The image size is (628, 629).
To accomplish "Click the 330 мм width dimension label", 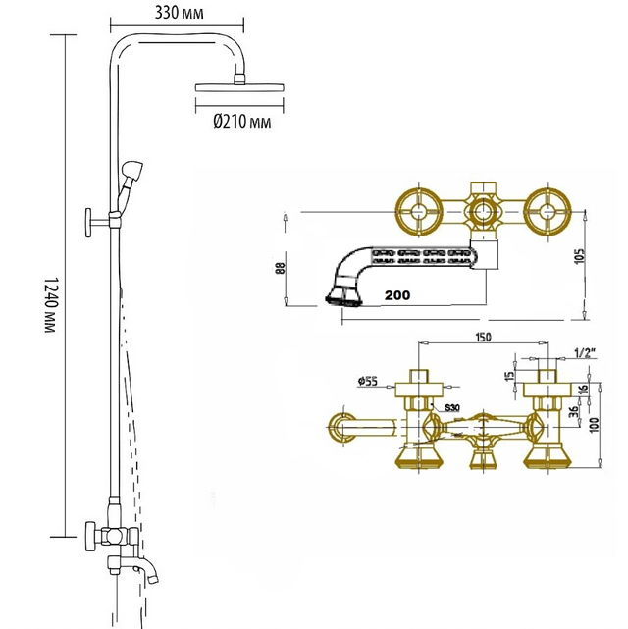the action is tap(180, 13).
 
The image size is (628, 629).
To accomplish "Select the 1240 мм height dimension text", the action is tap(50, 304).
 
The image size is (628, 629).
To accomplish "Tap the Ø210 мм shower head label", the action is tap(241, 121).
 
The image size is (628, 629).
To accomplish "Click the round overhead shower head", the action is tap(239, 87).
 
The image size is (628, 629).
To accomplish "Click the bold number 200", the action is tap(397, 295).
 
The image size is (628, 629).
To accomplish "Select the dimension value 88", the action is tap(281, 268).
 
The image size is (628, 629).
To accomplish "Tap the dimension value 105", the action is tap(580, 257).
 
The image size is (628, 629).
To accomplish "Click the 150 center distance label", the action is tap(483, 337).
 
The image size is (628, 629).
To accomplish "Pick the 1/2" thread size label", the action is tap(585, 353).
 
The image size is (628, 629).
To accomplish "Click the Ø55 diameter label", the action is tap(368, 381).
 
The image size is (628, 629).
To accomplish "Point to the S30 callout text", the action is tap(452, 408).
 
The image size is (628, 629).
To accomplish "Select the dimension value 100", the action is tap(595, 425).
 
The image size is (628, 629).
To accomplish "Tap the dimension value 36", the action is tap(574, 412).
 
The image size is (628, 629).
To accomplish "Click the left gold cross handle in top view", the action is tap(419, 211).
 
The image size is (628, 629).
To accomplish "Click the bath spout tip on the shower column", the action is tap(153, 578).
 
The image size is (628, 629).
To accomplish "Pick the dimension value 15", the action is tap(509, 376).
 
